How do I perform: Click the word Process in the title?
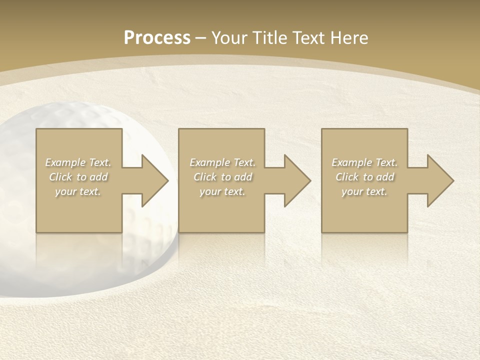point(157,37)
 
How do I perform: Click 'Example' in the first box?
point(65,162)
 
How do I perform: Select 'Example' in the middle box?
point(209,162)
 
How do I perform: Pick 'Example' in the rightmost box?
point(351,162)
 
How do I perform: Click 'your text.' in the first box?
point(78,191)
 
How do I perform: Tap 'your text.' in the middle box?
point(222,191)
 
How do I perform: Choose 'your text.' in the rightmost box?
point(364,191)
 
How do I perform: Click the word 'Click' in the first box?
point(61,177)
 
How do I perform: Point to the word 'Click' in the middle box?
point(205,177)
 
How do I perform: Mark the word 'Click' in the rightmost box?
point(347,177)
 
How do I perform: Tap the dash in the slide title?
point(201,38)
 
